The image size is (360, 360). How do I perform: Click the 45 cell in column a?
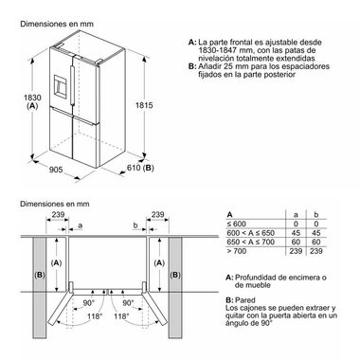coord(299,233)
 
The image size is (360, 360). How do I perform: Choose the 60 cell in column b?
coord(330,243)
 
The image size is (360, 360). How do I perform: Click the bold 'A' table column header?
coord(231,215)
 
